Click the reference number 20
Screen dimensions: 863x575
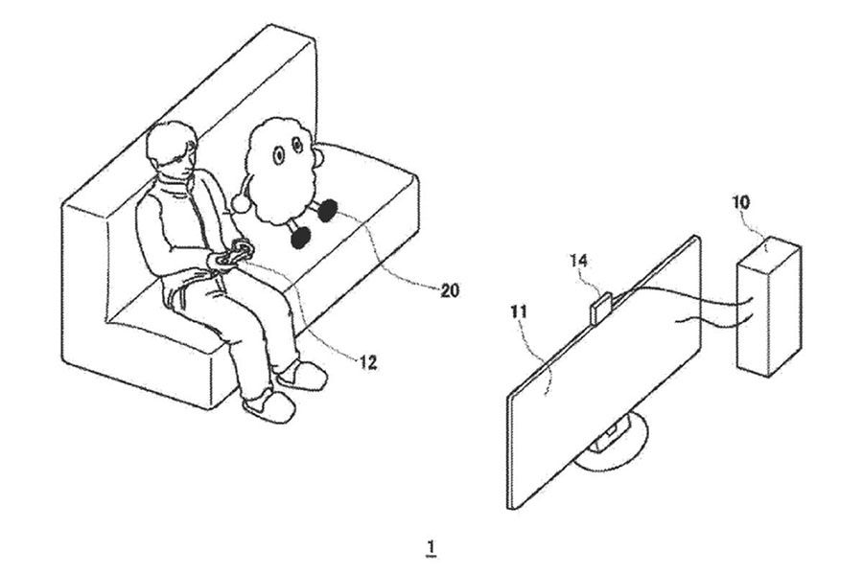(x=449, y=290)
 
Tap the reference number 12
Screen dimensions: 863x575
(x=367, y=362)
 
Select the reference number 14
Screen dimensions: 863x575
(x=578, y=261)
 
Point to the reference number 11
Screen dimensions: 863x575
(x=519, y=312)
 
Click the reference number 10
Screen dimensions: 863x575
(x=740, y=202)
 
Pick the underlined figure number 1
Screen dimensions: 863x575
(x=431, y=548)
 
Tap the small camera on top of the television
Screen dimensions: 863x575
(x=599, y=309)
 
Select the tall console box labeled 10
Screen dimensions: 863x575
(x=769, y=307)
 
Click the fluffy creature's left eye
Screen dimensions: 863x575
(x=278, y=155)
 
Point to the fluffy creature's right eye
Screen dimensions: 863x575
(x=298, y=146)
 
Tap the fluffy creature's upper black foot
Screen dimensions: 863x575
(x=328, y=210)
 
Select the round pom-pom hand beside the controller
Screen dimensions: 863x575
(x=241, y=204)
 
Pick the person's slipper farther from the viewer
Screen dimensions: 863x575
(x=302, y=375)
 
